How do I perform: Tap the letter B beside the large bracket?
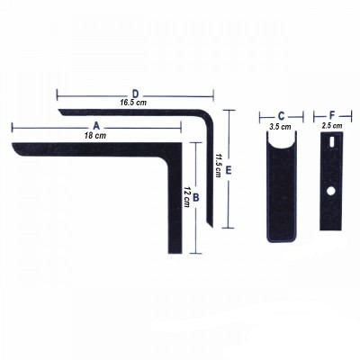click(x=196, y=193)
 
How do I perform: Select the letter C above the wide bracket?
click(x=281, y=116)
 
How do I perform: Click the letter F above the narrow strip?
click(x=333, y=116)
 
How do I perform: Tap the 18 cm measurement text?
click(x=95, y=135)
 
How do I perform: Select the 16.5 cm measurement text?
click(x=135, y=103)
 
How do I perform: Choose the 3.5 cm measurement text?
click(x=281, y=127)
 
